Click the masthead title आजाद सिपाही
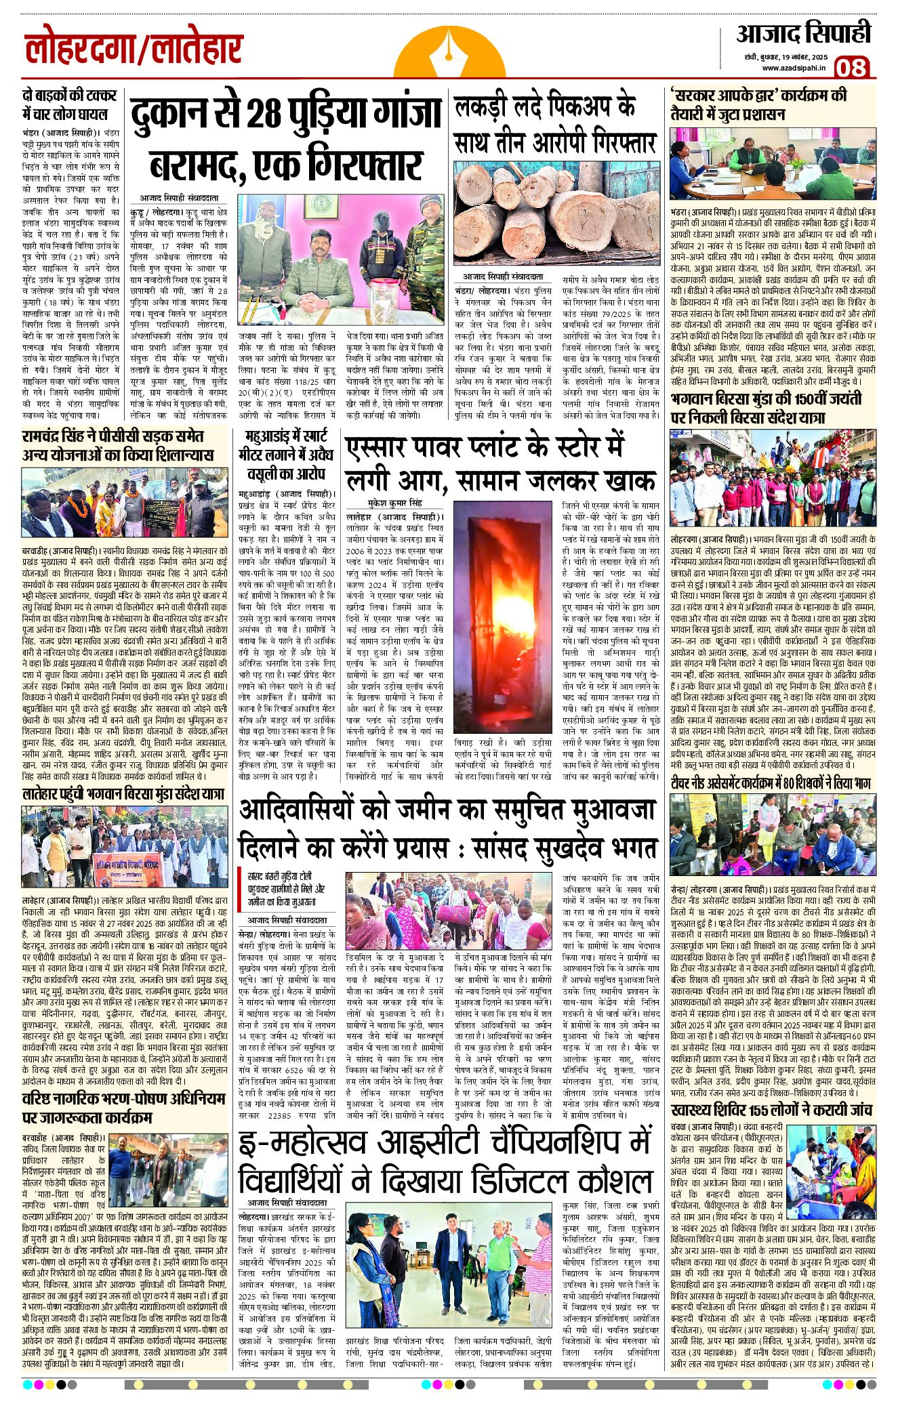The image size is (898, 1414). (804, 34)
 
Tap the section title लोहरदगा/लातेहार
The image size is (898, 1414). (134, 50)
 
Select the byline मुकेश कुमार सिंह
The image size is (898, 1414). (394, 503)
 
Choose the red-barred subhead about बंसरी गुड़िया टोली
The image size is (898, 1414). (284, 889)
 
